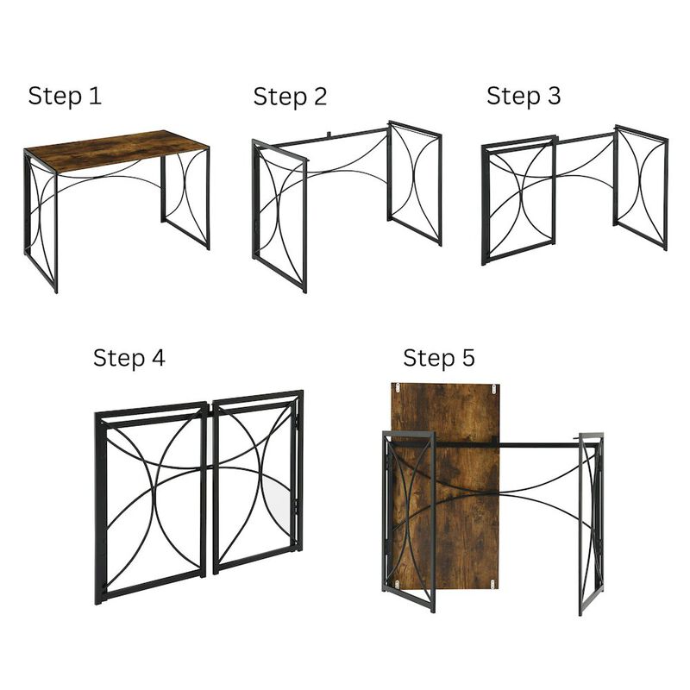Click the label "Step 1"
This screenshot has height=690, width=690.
click(65, 96)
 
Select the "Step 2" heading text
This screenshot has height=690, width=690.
click(290, 97)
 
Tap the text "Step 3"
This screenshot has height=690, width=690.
click(523, 96)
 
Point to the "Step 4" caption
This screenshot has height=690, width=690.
click(129, 357)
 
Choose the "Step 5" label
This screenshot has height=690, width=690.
click(438, 357)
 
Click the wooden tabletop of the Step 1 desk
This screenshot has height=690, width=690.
click(116, 150)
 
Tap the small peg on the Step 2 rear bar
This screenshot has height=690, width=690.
click(329, 135)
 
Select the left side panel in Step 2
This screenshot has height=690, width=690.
click(279, 216)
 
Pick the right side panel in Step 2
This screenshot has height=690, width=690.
click(415, 182)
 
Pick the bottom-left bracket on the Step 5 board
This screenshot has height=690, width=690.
click(398, 584)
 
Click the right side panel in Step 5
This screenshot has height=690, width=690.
click(591, 522)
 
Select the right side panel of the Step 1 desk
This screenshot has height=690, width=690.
click(185, 197)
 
